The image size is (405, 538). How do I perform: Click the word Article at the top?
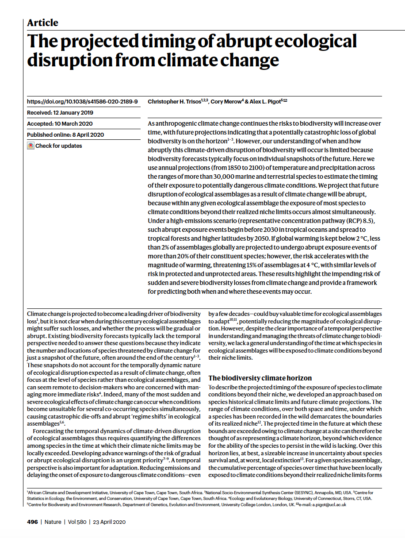click(x=42, y=23)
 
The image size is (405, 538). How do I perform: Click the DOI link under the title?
click(x=82, y=101)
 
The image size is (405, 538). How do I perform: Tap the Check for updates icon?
click(x=31, y=146)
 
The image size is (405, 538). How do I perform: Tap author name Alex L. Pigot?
click(x=264, y=102)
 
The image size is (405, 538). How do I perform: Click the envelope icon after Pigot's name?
click(x=285, y=101)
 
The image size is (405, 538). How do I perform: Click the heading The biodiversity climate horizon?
click(x=260, y=378)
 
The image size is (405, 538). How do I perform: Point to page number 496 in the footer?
click(x=32, y=522)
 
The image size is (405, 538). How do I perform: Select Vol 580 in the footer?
click(x=77, y=522)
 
